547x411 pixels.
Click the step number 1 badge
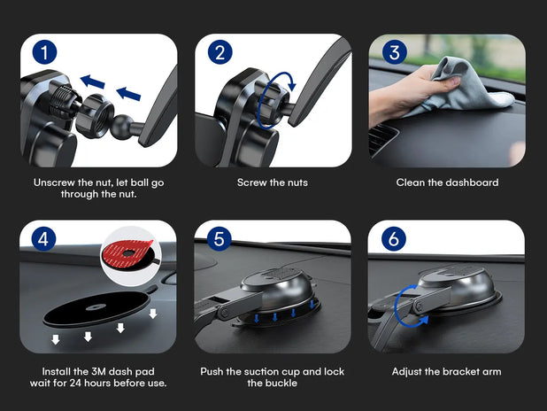44,52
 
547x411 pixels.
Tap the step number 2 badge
220,52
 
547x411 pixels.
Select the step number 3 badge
395,52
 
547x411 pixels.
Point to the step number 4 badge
43,239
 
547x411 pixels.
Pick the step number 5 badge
220,239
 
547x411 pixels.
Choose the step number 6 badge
394,239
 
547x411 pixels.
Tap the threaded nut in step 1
95,115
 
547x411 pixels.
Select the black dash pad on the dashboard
97,309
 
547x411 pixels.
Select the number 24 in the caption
75,383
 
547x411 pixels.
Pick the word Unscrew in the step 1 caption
54,182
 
